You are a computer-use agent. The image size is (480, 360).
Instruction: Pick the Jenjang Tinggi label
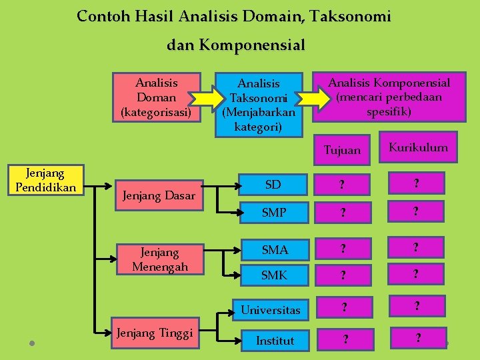point(154,333)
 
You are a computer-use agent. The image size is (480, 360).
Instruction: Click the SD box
point(273,185)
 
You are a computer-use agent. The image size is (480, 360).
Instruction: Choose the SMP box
point(273,213)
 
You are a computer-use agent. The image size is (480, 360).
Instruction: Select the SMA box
point(273,249)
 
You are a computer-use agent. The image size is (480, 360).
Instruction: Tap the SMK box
point(273,274)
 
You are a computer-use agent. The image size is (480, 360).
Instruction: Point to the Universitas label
point(270,310)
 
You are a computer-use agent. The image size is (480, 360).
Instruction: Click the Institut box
point(275,340)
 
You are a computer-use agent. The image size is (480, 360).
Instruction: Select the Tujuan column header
point(341,150)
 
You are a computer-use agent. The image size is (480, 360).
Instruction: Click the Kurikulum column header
point(418,147)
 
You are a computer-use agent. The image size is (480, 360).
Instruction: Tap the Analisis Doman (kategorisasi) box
point(157,97)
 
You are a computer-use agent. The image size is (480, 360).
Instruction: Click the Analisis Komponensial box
point(389,97)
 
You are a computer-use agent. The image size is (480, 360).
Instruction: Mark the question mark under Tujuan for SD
point(342,185)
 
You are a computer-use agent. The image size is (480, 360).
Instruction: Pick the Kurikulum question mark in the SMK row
point(416,274)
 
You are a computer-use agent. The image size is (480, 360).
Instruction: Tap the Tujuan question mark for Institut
point(345,340)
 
